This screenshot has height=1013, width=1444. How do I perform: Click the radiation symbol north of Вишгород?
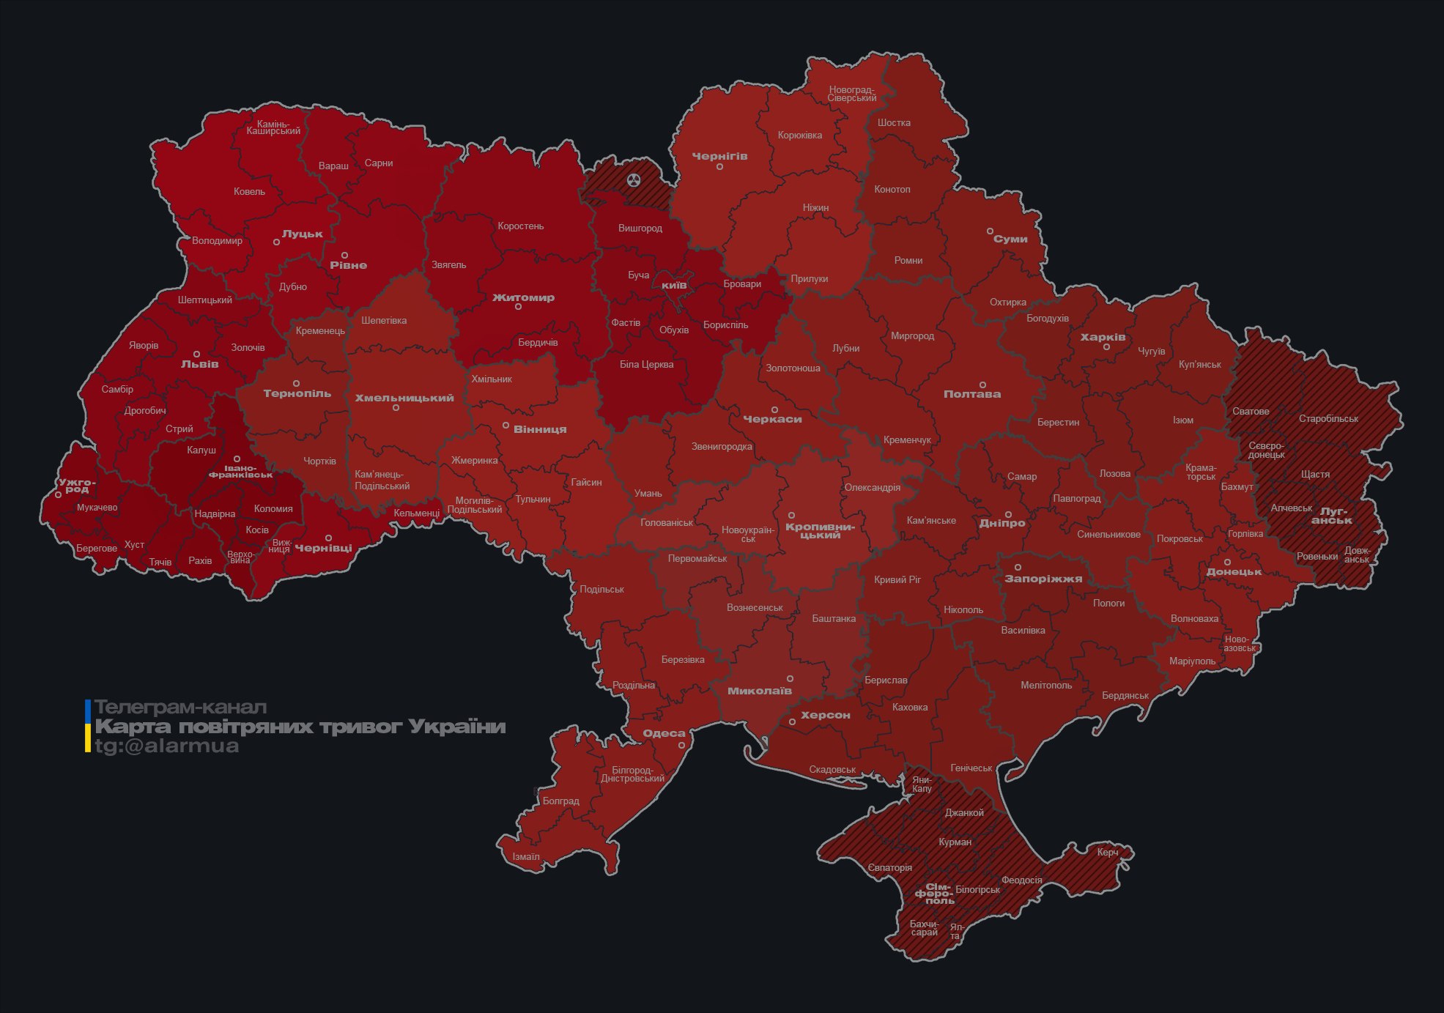[634, 179]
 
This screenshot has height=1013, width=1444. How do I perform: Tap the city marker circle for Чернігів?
[719, 167]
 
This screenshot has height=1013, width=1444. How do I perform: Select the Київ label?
[674, 285]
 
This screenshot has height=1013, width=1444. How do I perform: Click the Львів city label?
[199, 364]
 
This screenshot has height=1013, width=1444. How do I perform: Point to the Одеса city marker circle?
[681, 746]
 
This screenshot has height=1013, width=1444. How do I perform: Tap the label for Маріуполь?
[1192, 661]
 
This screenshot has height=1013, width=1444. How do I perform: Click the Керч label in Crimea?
[1108, 852]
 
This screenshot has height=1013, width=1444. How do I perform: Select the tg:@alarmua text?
[166, 746]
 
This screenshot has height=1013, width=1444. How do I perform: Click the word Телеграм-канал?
[180, 707]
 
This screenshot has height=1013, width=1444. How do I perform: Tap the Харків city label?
[1103, 337]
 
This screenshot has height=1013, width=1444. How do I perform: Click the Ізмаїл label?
[526, 856]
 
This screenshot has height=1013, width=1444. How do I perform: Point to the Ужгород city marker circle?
[58, 495]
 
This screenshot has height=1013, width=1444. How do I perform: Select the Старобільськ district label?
[1328, 419]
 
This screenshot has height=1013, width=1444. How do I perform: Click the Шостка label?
[894, 122]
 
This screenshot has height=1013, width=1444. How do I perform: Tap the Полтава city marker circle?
[982, 385]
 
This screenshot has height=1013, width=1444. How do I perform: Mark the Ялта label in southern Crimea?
[956, 932]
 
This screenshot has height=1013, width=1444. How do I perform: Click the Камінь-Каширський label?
[273, 127]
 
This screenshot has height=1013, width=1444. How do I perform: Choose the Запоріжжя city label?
[1043, 579]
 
